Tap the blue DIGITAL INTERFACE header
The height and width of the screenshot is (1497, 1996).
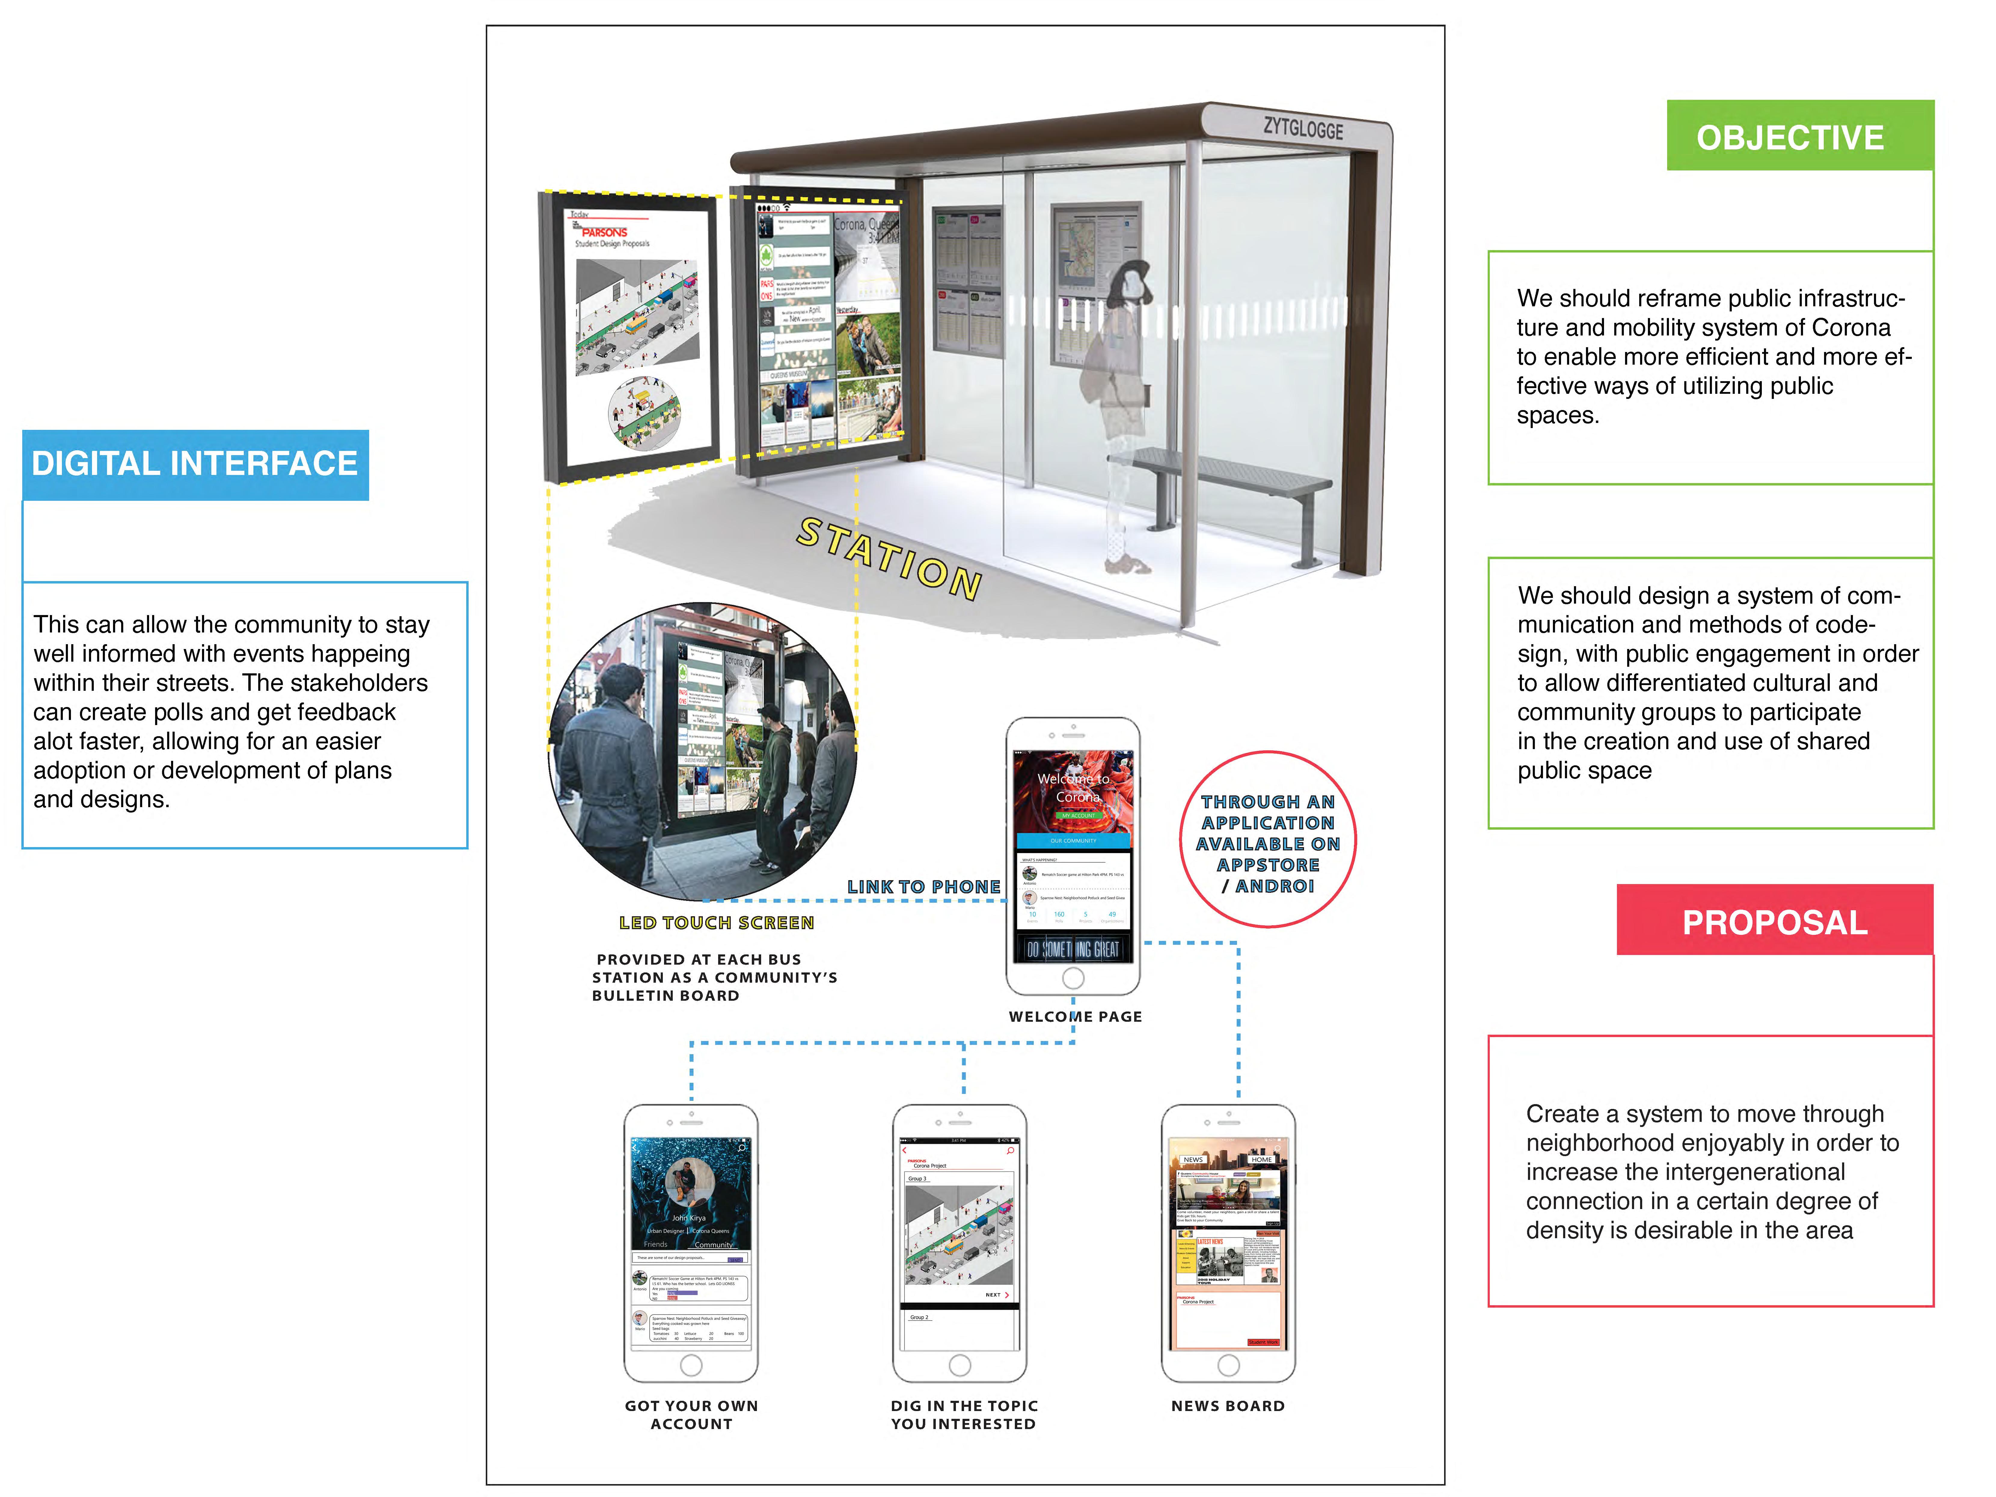[x=195, y=464]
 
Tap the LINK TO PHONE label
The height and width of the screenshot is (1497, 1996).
[x=923, y=887]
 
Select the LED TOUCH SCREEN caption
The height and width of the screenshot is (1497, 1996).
[x=716, y=922]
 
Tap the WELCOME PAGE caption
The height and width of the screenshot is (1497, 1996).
[x=1075, y=1016]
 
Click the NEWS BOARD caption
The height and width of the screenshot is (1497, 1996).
[x=1227, y=1405]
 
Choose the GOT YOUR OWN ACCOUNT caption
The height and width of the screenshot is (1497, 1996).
[x=691, y=1414]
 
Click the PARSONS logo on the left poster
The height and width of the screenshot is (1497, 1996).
[x=605, y=232]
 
